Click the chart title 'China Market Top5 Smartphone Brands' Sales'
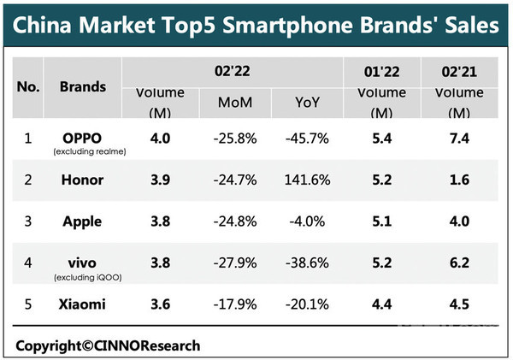tap(256, 24)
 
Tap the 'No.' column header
tap(29, 87)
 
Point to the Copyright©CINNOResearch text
tap(107, 345)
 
